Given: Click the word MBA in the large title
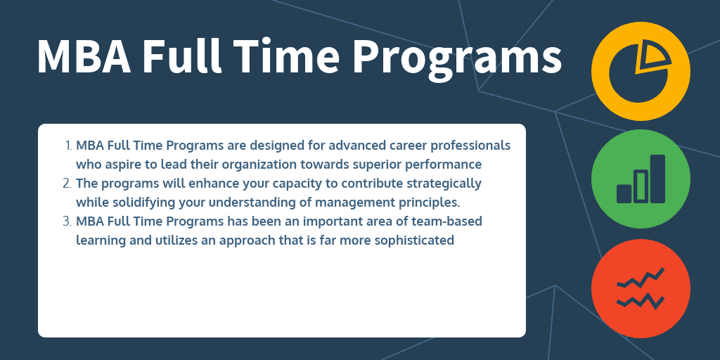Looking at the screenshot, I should click(x=82, y=56).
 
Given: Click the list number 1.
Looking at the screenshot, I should click(x=69, y=146).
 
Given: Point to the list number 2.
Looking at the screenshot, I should click(x=68, y=184).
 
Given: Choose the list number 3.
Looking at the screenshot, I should click(x=68, y=221).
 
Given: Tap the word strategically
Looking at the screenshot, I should click(x=444, y=184).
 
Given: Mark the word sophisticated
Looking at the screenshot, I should click(x=415, y=240).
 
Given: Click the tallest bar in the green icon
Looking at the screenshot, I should click(x=657, y=179).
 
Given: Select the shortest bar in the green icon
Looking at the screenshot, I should click(x=624, y=193).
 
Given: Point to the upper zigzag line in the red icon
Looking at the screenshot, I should click(x=641, y=280).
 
